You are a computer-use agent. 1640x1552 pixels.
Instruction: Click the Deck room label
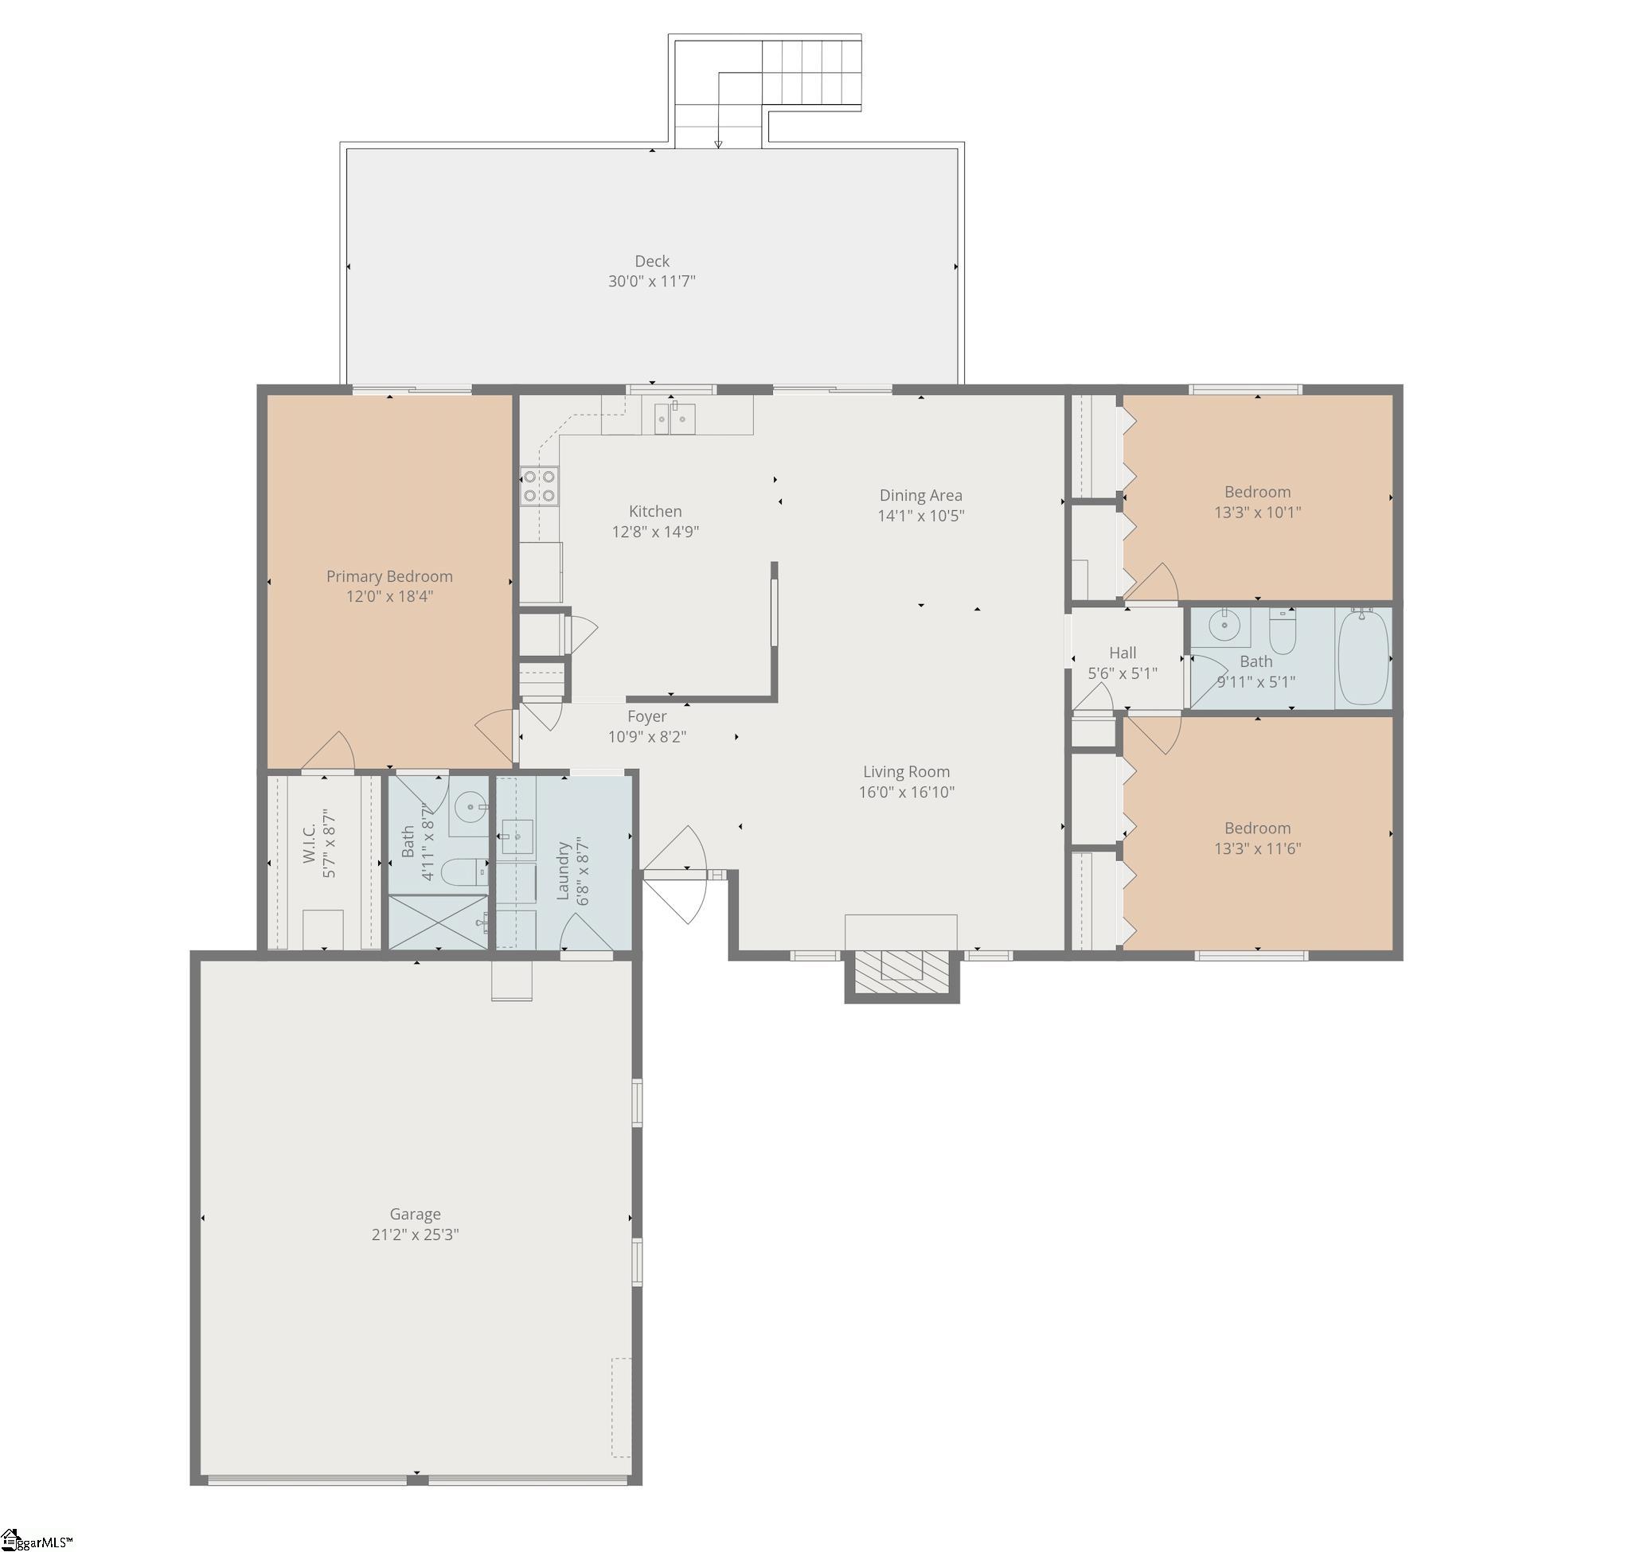652,261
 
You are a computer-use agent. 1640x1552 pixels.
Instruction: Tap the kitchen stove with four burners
539,485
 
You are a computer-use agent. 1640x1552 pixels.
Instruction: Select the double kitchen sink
675,418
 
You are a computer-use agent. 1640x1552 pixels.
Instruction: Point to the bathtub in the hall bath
1364,658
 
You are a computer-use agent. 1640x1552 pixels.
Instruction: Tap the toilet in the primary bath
463,872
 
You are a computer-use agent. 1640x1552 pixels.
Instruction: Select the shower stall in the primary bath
439,922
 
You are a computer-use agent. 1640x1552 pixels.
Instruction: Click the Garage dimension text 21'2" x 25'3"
416,1235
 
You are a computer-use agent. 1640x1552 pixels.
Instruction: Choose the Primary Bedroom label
390,576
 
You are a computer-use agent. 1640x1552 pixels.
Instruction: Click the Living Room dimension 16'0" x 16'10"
907,793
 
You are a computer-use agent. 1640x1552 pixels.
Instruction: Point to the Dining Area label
921,496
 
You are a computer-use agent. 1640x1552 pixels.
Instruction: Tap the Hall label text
1123,653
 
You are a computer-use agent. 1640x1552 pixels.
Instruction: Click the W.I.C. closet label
310,844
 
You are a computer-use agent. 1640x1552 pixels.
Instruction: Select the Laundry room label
564,872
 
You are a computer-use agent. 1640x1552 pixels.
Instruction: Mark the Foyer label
647,716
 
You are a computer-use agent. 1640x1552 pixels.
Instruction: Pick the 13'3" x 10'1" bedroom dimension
1258,513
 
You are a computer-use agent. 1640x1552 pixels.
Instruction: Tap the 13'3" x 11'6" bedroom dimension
1258,848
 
